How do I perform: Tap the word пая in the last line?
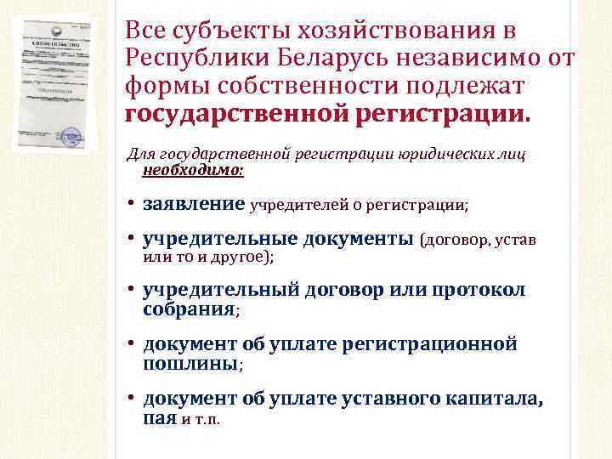pos(159,418)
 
